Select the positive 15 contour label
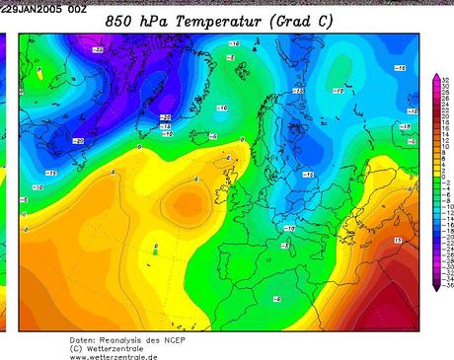397,240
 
